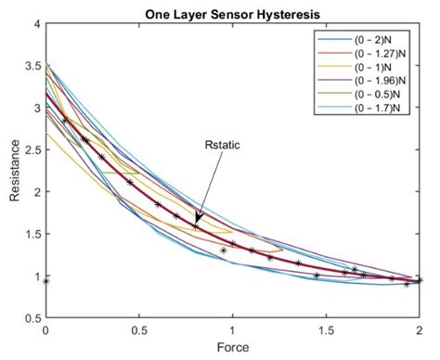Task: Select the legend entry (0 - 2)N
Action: point(371,42)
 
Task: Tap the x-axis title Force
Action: point(231,348)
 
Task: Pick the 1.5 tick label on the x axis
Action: point(325,329)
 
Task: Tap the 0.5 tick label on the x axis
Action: point(138,329)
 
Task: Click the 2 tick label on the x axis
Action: point(419,329)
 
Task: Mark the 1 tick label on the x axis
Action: point(232,329)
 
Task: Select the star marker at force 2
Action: point(419,279)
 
